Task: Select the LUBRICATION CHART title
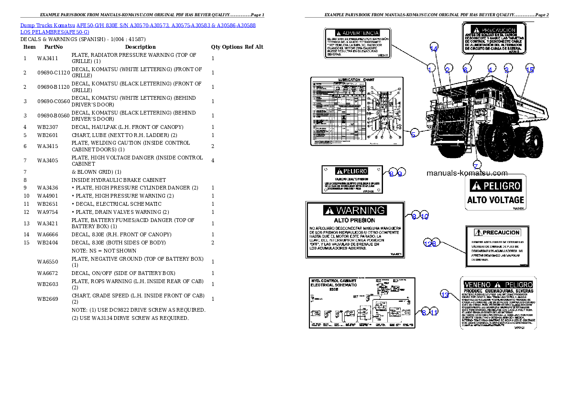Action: click(356, 80)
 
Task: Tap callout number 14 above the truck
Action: click(434, 48)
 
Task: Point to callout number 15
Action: click(529, 70)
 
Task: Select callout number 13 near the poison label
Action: click(445, 295)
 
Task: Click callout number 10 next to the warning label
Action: click(425, 216)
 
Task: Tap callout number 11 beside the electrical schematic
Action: click(434, 313)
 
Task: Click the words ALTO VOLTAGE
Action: click(495, 200)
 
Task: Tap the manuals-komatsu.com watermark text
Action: click(467, 173)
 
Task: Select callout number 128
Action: click(430, 243)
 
